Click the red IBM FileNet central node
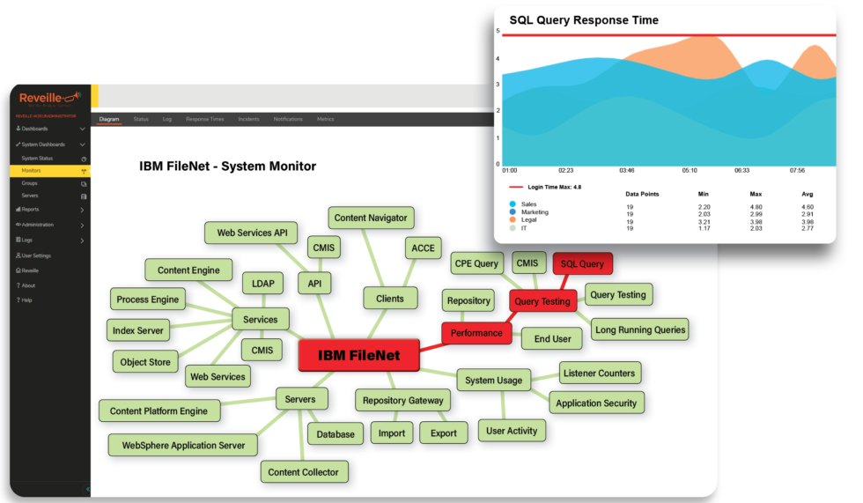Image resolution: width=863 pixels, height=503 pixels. coord(358,356)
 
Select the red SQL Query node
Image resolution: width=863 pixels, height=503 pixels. coord(582,263)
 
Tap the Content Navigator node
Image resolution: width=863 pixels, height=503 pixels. coord(371,218)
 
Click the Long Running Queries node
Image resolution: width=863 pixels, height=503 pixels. coord(639,330)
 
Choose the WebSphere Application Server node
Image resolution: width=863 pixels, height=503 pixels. coord(183,445)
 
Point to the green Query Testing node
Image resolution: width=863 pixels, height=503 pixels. coord(617,295)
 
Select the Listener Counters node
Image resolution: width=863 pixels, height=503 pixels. coord(598,373)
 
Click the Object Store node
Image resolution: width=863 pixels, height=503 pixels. coord(145,361)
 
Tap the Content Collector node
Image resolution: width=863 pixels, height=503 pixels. coord(303,472)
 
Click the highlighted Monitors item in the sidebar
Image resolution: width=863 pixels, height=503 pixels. coord(32,170)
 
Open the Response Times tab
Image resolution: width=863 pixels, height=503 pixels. coord(204,119)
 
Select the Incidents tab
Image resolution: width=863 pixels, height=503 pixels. coord(248,119)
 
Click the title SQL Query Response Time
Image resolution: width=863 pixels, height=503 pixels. coord(583,19)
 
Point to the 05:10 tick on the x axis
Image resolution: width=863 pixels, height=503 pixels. coord(690,171)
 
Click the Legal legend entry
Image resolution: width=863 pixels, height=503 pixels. coord(529,219)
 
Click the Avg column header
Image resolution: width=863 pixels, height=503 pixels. coord(808,194)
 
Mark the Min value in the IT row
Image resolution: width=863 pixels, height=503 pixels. coord(703,228)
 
